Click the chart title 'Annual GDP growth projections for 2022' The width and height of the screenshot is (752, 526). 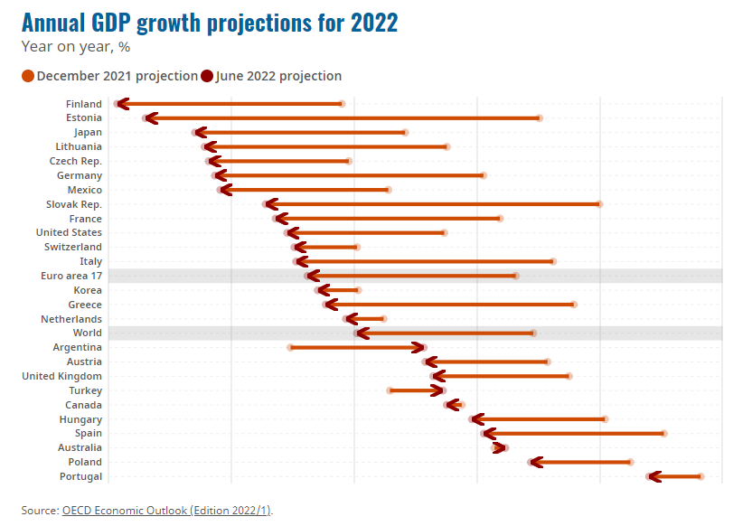click(209, 23)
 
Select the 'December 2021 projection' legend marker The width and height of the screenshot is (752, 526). click(28, 76)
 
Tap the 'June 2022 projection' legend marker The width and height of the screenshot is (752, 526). click(208, 76)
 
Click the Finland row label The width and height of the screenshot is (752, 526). click(84, 104)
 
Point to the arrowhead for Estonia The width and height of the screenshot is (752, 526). click(149, 118)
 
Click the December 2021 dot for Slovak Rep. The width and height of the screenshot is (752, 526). click(599, 204)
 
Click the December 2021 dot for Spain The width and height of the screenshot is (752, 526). click(664, 434)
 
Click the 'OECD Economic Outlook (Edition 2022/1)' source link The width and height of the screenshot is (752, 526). click(166, 511)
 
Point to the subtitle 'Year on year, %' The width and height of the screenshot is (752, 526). click(76, 47)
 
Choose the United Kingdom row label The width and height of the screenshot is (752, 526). click(61, 376)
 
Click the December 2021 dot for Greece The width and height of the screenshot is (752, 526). click(574, 305)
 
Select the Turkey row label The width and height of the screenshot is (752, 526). click(85, 390)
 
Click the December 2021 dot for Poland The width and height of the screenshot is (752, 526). click(631, 462)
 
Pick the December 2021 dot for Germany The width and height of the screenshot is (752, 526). click(484, 175)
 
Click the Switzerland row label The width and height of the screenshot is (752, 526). click(73, 247)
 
